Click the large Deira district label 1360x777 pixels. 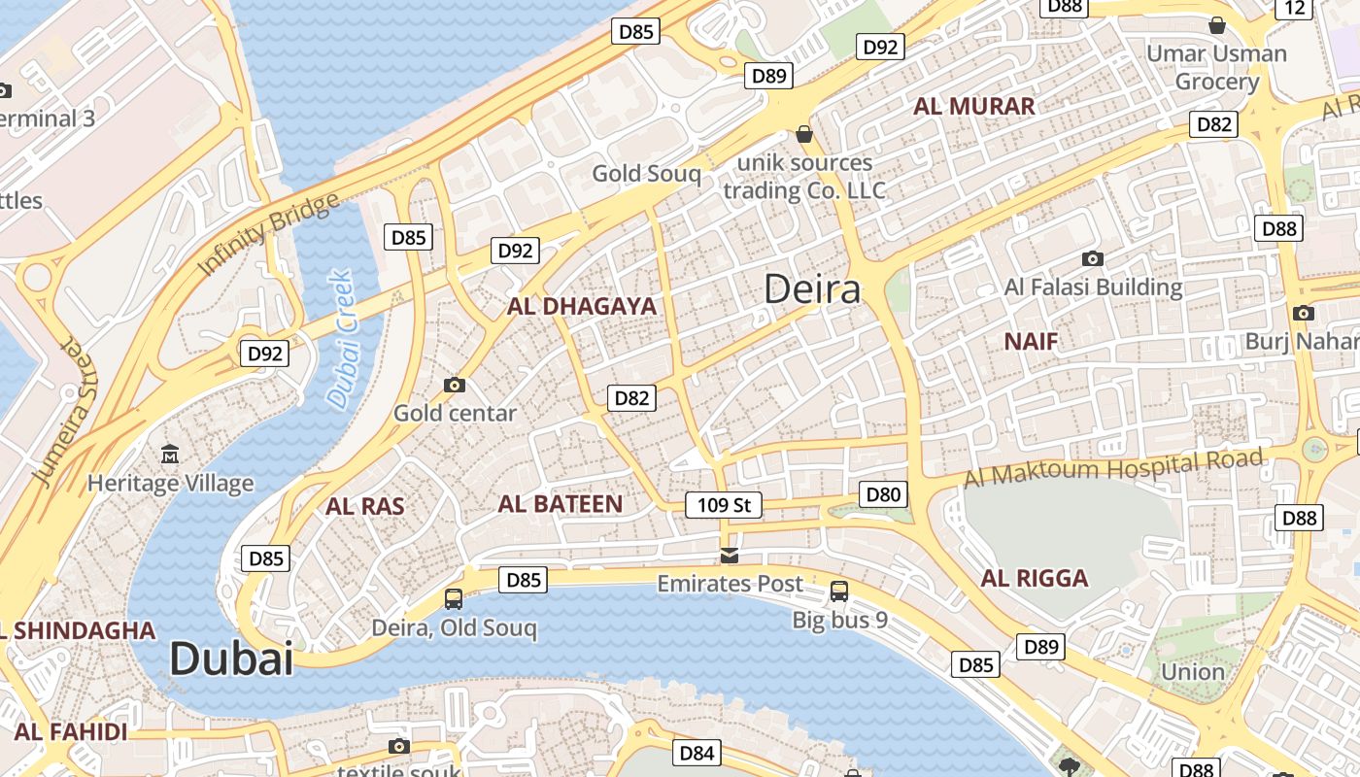click(x=812, y=289)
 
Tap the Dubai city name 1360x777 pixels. click(x=231, y=659)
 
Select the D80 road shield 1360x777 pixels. click(x=883, y=494)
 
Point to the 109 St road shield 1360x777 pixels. click(x=724, y=505)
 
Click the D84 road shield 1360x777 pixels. click(x=697, y=753)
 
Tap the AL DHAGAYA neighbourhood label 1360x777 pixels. click(x=582, y=307)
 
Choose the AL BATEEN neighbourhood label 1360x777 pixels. click(x=560, y=504)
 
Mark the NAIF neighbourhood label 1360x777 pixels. click(x=1031, y=341)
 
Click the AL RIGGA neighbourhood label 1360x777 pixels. click(x=1035, y=579)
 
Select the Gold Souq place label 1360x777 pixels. click(x=646, y=174)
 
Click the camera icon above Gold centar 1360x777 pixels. click(x=454, y=385)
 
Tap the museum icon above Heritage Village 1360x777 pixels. click(x=170, y=454)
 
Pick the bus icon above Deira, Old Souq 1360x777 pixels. click(x=454, y=598)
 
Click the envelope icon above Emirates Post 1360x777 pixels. click(x=729, y=555)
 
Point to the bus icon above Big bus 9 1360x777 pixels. click(x=838, y=591)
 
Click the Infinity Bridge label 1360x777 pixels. click(x=269, y=234)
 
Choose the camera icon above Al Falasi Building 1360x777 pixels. click(x=1093, y=258)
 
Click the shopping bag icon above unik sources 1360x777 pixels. click(x=804, y=133)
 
